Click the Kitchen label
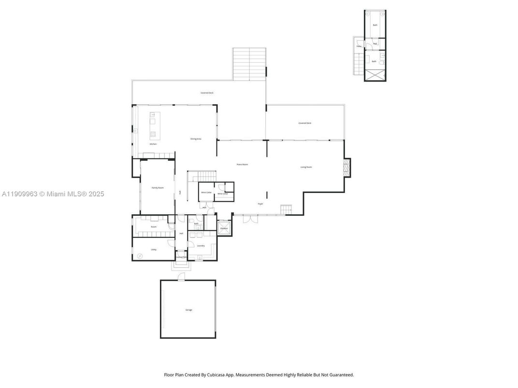[153, 144]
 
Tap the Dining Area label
[196, 139]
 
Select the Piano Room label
[242, 165]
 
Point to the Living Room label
[306, 167]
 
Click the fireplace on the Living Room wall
[346, 167]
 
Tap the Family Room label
[158, 188]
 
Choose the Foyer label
[260, 204]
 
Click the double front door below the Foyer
[250, 219]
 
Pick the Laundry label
[201, 246]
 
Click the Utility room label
[154, 249]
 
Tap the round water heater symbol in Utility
[140, 256]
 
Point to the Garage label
[188, 310]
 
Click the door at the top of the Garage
[181, 277]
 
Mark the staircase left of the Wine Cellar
[201, 176]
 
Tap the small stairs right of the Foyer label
[286, 210]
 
